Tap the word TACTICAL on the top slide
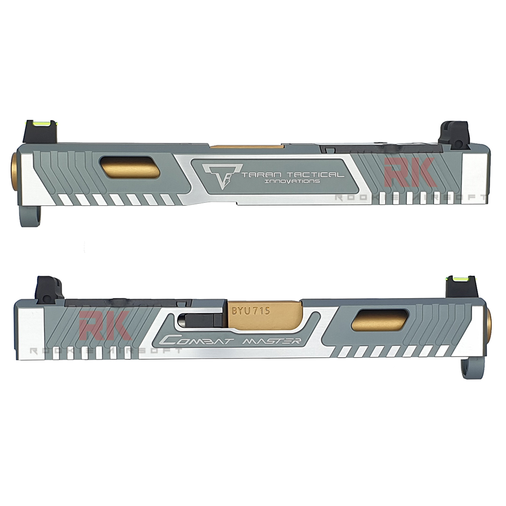(313, 175)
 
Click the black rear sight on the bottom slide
(50, 287)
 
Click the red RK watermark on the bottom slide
(106, 326)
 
